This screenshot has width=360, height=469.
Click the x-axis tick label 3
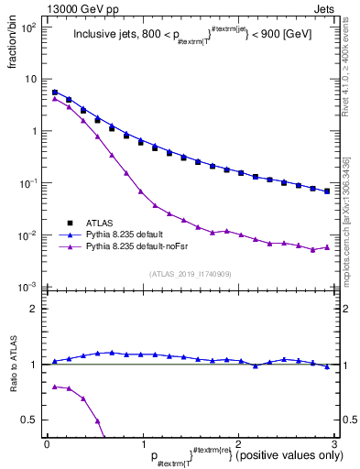333,444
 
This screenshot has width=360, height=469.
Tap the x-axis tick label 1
142,444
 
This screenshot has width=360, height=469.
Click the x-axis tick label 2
237,444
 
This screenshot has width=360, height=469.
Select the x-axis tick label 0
47,444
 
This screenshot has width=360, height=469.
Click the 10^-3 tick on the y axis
28,288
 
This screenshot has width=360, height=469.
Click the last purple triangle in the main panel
327,246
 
